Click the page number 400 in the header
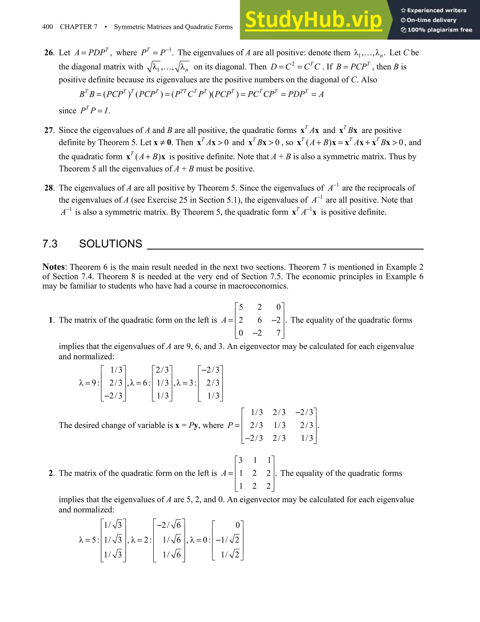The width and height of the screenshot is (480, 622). tap(48, 27)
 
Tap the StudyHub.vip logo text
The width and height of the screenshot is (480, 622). tap(313, 20)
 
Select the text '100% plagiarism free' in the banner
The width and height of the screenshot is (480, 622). tap(439, 30)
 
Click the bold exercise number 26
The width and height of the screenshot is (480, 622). tap(49, 53)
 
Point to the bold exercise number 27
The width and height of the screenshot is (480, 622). tap(49, 131)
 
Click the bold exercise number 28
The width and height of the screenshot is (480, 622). tap(49, 188)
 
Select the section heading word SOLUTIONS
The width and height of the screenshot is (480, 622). tap(110, 244)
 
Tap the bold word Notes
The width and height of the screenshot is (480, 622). tap(54, 267)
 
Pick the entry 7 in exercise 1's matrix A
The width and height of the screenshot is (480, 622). tap(278, 333)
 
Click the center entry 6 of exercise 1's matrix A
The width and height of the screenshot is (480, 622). tap(259, 320)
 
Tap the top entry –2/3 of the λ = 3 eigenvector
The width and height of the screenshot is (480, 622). tap(210, 370)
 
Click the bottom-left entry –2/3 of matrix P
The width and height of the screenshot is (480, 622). tap(254, 438)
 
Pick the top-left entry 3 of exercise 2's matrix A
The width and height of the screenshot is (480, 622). tap(240, 460)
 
